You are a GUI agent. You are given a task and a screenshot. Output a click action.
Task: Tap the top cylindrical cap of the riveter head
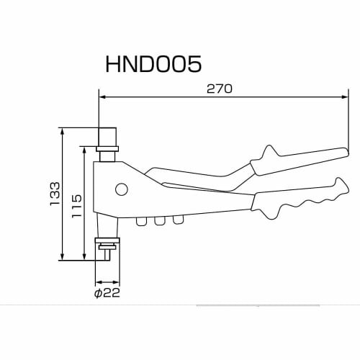(107, 136)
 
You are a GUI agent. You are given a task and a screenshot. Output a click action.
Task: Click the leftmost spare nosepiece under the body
(141, 221)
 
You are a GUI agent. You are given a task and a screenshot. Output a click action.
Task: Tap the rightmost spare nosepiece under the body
(177, 220)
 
